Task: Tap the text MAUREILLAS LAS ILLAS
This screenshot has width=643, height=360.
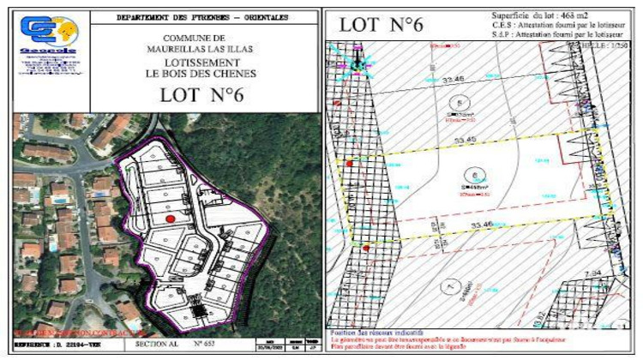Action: [195, 50]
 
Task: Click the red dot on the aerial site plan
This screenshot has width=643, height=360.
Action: [170, 219]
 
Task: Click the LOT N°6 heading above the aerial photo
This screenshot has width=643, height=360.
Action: [202, 95]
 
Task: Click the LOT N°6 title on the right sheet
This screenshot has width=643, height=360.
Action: [382, 25]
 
